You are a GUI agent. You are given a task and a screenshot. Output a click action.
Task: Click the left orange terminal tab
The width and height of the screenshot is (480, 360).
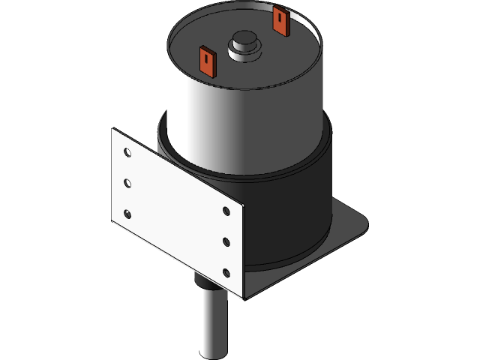(x=208, y=61)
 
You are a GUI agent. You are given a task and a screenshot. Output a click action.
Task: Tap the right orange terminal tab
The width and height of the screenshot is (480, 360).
(x=280, y=22)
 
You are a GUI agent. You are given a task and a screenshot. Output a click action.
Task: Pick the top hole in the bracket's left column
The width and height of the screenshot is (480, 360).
(x=127, y=153)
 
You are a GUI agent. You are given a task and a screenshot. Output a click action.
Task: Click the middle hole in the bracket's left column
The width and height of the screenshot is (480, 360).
(x=127, y=183)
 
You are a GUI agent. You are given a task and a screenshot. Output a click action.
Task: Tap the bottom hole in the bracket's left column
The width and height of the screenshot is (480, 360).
(x=127, y=214)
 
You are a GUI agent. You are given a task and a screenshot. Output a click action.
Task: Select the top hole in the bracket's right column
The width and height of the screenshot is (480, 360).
(x=227, y=211)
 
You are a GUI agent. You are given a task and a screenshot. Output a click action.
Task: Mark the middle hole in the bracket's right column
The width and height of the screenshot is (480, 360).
(x=227, y=241)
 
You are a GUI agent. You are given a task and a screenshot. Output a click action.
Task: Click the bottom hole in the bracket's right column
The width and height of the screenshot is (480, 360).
(x=227, y=271)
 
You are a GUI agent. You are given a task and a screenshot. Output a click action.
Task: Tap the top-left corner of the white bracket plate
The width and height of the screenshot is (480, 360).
(x=113, y=130)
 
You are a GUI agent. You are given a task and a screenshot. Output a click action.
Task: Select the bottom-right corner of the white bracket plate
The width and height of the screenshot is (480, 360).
(x=244, y=298)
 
